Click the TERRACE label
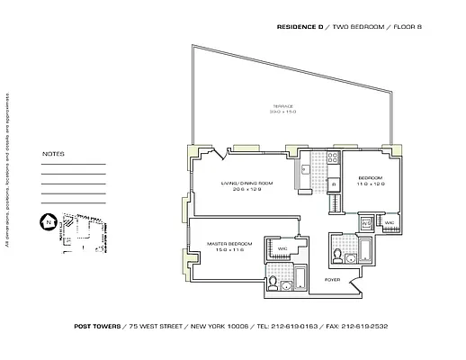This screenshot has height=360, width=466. tap(283, 107)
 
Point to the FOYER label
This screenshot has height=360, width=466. tap(332, 280)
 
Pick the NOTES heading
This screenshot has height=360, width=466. tap(53, 154)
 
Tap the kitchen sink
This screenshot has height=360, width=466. tap(307, 167)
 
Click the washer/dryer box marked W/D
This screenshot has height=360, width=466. tap(367, 220)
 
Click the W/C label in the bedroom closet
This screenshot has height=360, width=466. tap(390, 221)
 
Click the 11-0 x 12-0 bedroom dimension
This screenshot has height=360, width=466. tap(370, 184)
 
